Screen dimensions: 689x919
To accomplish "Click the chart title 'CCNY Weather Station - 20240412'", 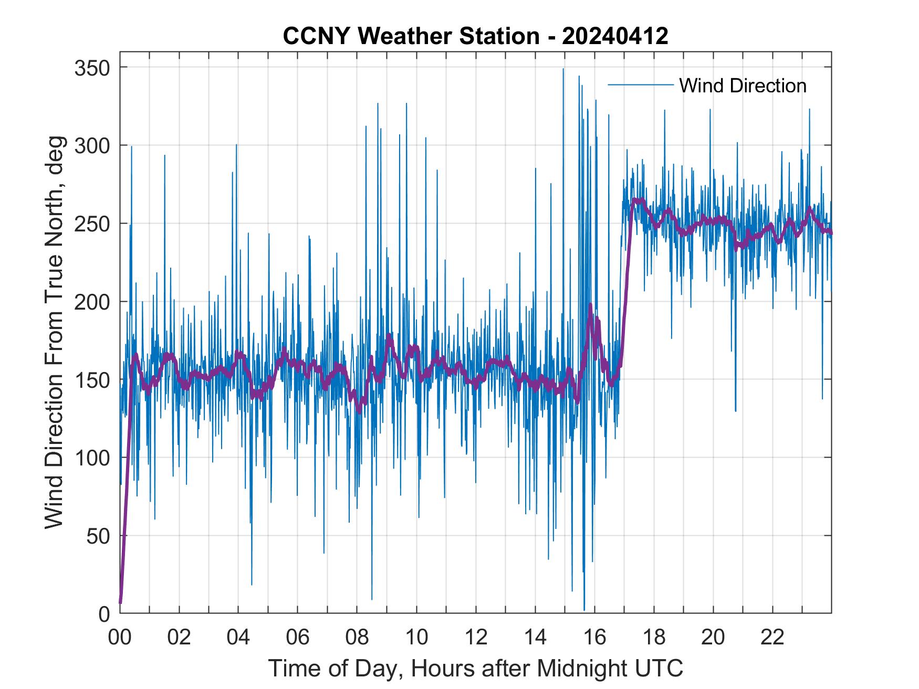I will [475, 36].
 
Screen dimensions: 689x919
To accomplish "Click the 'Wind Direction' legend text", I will [743, 86].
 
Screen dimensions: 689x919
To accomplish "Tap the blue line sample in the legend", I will [640, 85].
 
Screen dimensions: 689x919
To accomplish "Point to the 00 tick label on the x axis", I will [120, 638].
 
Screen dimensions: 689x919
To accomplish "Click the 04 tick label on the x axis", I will [238, 638].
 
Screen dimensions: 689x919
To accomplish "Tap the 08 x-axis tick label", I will [357, 638].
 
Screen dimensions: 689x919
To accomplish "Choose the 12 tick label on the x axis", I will [476, 638].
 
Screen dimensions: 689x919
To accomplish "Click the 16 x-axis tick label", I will [594, 638].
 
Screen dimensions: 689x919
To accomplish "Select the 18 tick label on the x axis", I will [654, 638].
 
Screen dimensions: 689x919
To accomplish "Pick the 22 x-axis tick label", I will [772, 638].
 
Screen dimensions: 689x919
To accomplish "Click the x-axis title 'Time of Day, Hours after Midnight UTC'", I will [476, 668].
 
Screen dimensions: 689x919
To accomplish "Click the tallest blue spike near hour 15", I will [563, 70].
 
